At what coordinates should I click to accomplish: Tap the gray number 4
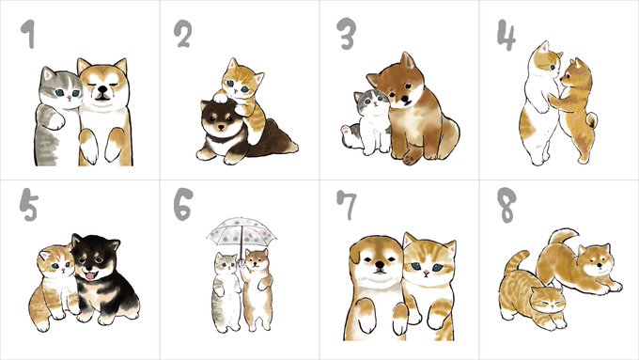coord(506,35)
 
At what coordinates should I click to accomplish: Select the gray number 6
coord(183,204)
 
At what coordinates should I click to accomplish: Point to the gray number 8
coord(507,205)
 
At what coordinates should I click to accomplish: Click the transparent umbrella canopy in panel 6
coord(242,231)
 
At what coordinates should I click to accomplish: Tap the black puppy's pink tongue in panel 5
coord(89,276)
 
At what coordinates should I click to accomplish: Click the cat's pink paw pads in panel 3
coord(346,131)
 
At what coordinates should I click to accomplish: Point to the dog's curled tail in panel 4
coord(592,120)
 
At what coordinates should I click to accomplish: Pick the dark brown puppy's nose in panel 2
coord(221,128)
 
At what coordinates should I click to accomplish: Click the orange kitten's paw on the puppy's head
coord(221,97)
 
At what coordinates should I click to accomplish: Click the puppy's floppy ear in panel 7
coord(354,253)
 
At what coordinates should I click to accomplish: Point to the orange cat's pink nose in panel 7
coord(426,272)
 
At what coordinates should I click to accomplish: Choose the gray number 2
coord(182,34)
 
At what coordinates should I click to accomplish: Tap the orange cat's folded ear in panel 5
coord(44,256)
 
